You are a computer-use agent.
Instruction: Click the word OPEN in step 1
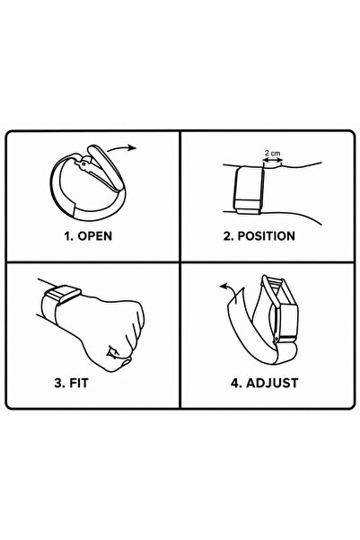point(95,236)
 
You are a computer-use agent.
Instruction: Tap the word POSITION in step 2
point(267,236)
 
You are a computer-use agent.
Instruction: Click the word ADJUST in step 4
point(272,383)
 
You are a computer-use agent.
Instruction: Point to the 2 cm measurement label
point(273,153)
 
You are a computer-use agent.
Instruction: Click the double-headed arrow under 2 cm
point(273,160)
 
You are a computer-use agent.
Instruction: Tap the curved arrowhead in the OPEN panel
point(133,147)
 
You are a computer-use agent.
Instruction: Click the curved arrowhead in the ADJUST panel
point(224,286)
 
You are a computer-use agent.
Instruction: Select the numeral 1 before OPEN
point(68,236)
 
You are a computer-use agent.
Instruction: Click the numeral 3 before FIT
point(59,383)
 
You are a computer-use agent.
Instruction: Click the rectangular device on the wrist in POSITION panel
point(250,190)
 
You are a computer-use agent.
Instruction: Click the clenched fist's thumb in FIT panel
point(123,360)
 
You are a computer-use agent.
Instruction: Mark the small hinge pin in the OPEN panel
point(83,164)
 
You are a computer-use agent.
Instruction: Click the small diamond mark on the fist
point(113,351)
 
